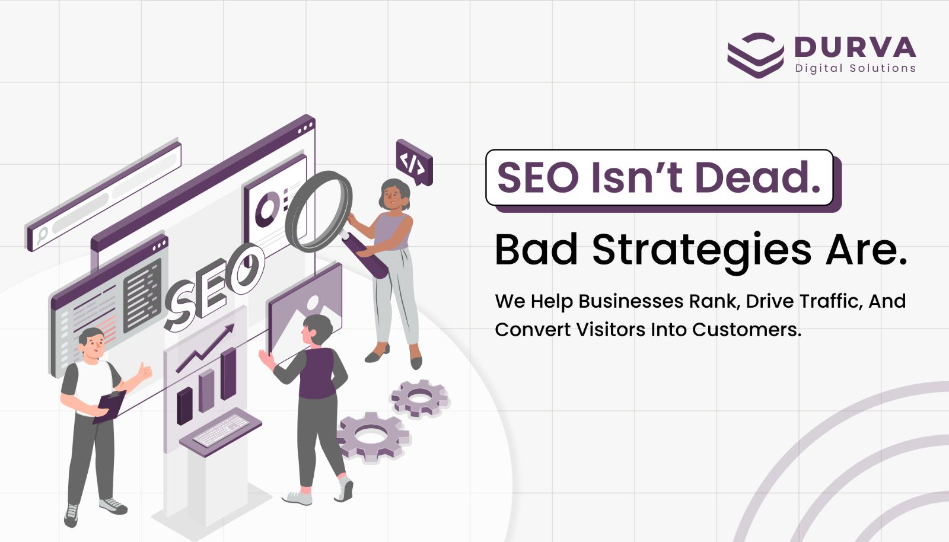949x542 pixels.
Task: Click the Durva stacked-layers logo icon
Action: (756, 55)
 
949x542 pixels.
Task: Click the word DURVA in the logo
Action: (855, 47)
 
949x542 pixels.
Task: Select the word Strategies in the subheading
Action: (702, 251)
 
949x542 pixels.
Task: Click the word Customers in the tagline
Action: (747, 330)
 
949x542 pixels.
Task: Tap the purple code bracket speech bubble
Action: (414, 162)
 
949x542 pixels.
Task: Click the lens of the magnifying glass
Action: (319, 211)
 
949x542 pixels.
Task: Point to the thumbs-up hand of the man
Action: (144, 372)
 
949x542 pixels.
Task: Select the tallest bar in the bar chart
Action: (228, 374)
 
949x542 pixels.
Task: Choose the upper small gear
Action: (419, 398)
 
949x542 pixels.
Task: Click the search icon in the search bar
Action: (42, 235)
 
